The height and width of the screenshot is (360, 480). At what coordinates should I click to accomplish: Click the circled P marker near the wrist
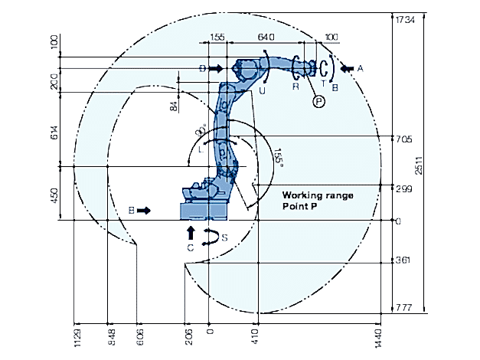(318, 100)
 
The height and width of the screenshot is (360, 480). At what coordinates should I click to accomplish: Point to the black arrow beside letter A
(347, 69)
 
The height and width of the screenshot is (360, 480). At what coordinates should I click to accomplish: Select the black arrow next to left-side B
(145, 209)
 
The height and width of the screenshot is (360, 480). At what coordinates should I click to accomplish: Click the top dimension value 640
(266, 37)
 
